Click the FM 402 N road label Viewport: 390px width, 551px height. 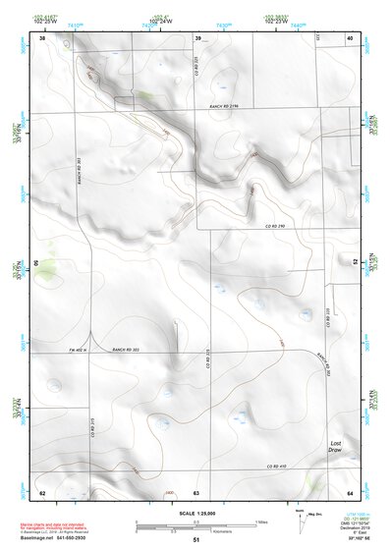(79, 350)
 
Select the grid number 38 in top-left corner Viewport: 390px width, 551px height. (42, 38)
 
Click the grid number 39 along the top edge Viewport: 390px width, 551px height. (197, 38)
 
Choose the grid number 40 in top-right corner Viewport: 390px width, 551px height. (351, 38)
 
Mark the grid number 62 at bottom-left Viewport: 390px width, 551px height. (42, 491)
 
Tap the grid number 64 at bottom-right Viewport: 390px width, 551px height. (351, 491)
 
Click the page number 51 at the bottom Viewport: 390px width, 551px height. (195, 540)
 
